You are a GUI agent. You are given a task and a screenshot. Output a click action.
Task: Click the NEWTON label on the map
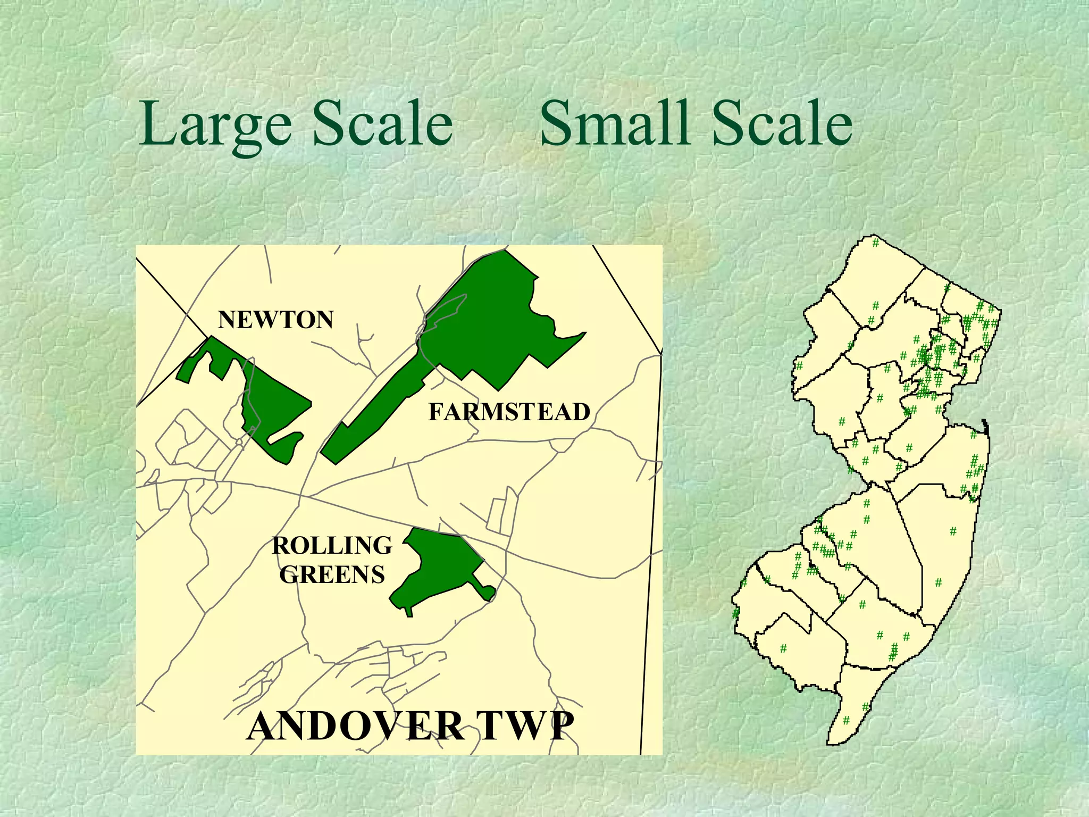coord(275,320)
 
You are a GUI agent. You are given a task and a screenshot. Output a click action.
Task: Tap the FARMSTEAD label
coord(509,412)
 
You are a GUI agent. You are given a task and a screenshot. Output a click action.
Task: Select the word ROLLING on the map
coord(332,546)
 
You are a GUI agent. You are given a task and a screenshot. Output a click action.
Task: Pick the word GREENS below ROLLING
coord(332,575)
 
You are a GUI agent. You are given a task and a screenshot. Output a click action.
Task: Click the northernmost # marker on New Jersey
coord(875,243)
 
